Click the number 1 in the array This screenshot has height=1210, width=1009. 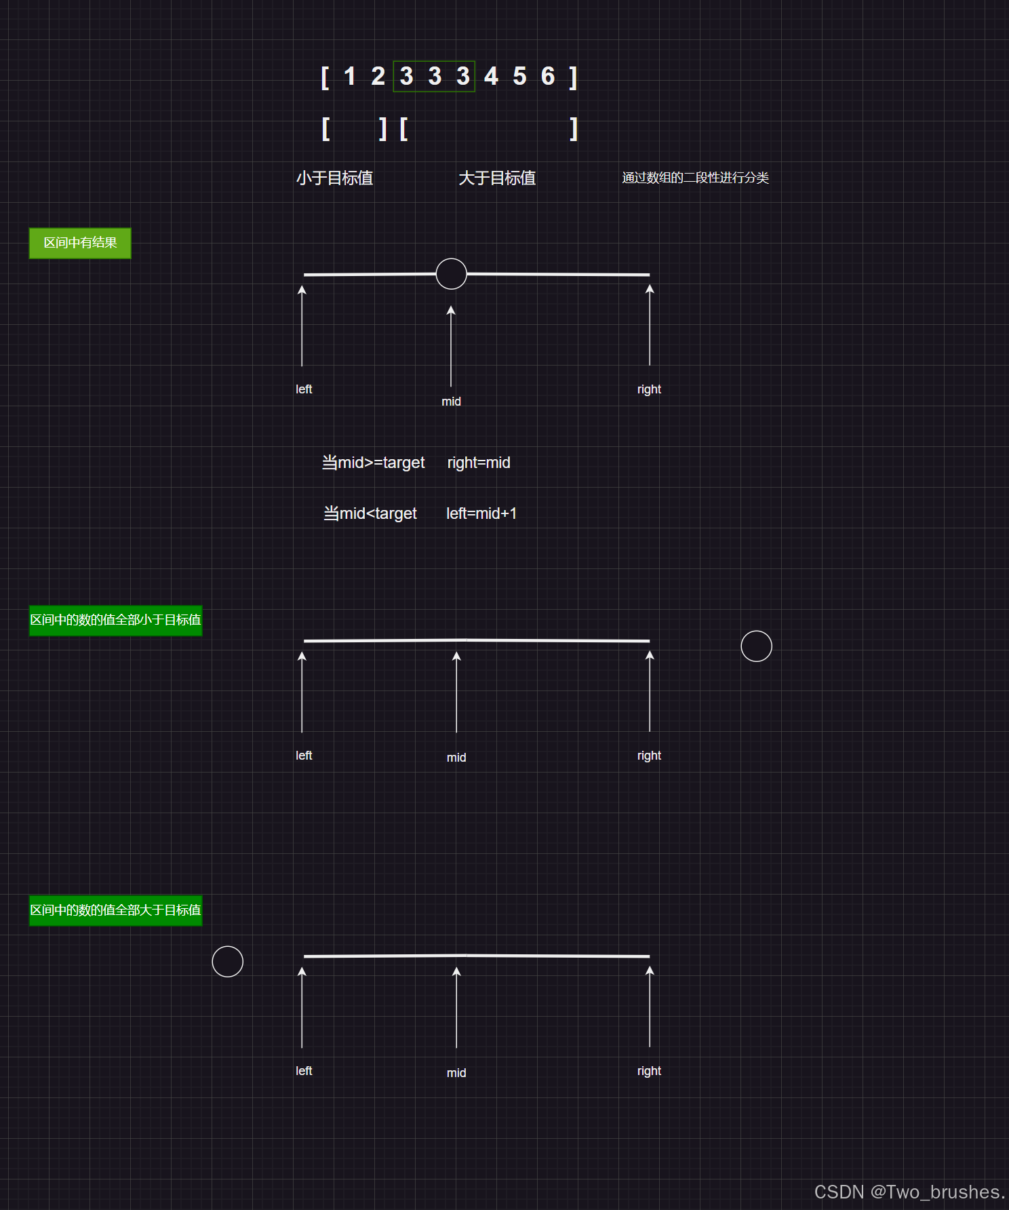click(x=350, y=77)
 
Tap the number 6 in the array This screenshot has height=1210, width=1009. click(x=548, y=77)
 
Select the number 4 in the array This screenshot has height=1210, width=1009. click(x=491, y=77)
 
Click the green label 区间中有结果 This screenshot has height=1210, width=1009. click(x=80, y=243)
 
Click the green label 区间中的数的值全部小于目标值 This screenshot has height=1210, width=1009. click(x=115, y=620)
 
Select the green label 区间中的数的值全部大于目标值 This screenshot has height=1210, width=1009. click(x=115, y=910)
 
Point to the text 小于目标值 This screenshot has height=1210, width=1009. click(x=334, y=178)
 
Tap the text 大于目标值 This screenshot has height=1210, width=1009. click(x=497, y=178)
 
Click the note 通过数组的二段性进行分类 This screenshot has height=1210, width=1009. click(x=695, y=178)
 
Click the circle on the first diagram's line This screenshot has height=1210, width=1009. click(x=451, y=274)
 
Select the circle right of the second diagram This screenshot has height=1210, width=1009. click(x=756, y=646)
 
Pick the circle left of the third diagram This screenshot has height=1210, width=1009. click(x=227, y=961)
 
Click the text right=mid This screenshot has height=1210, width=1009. click(x=479, y=463)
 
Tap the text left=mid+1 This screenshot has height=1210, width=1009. click(x=481, y=513)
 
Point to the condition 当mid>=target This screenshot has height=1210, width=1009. click(x=373, y=463)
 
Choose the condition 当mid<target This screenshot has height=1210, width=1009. click(x=370, y=513)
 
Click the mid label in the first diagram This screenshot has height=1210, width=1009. click(x=451, y=402)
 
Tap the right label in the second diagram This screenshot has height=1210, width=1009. click(x=649, y=756)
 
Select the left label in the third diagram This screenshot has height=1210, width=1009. click(x=304, y=1071)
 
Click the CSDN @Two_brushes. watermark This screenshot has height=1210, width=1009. click(x=909, y=1192)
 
